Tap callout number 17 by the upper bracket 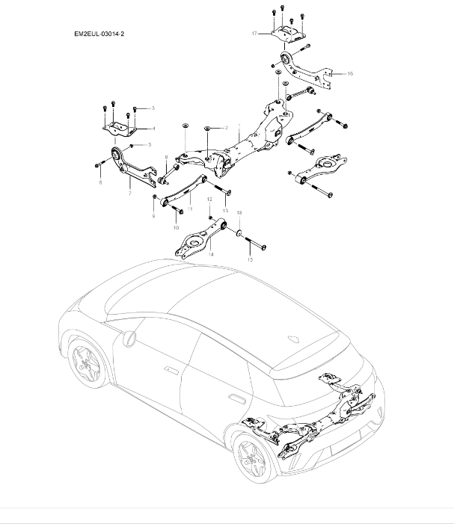pos(254,34)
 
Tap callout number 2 pos(225,129)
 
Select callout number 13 pos(225,212)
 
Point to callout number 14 pos(211,255)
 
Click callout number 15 pos(250,259)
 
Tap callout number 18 pos(239,214)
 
